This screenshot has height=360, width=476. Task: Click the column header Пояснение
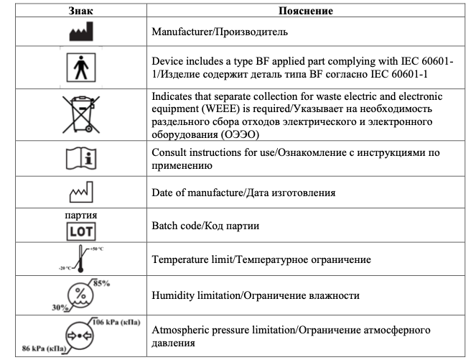click(x=312, y=11)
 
